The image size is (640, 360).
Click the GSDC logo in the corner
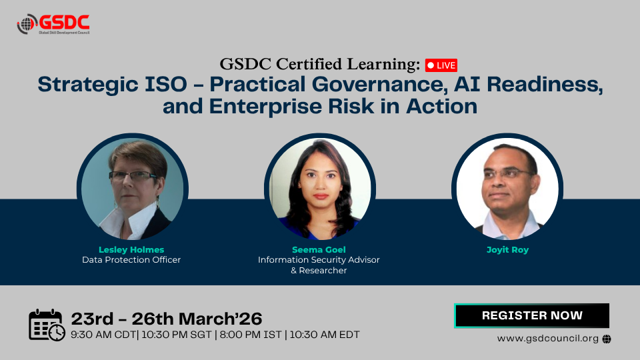[53, 24]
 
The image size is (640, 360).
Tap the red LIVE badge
[441, 65]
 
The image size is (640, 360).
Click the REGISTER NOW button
[532, 315]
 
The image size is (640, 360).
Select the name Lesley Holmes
[131, 249]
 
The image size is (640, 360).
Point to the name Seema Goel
[319, 249]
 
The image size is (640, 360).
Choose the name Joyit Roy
[507, 250]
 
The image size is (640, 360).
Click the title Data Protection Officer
[131, 260]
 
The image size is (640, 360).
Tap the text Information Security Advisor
[319, 260]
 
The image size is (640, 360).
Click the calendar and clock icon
[47, 325]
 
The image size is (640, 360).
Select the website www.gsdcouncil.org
[548, 339]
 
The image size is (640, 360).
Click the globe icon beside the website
[607, 339]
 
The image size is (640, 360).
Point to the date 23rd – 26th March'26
[167, 319]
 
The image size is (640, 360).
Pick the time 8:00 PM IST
[251, 335]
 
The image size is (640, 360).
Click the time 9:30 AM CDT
[103, 335]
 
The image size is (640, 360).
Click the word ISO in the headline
[166, 85]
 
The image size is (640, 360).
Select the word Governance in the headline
[378, 85]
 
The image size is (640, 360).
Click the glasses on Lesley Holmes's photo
[133, 176]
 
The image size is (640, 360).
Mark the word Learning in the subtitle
[383, 65]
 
